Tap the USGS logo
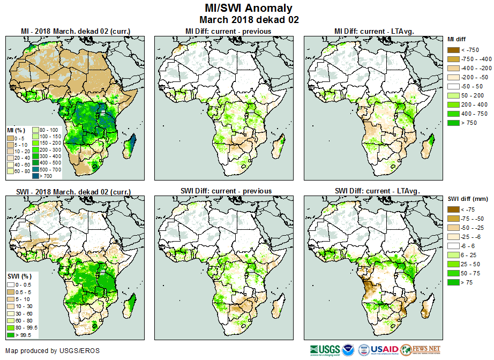[325, 350]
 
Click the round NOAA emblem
[349, 350]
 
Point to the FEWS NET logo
[420, 350]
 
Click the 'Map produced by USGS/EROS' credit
[53, 351]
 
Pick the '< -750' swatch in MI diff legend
[453, 50]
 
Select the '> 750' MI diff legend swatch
[453, 123]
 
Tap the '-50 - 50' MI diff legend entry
[453, 86]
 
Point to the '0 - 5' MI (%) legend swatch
[10, 137]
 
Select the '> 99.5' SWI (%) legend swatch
[10, 335]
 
